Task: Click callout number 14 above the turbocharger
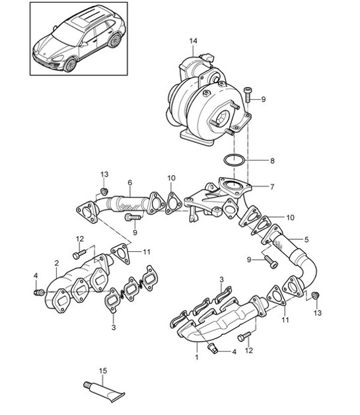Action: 194,42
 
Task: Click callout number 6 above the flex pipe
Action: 129,183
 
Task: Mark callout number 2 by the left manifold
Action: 57,263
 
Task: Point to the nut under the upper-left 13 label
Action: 104,192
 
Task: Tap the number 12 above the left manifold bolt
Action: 79,239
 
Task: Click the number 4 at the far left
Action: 36,276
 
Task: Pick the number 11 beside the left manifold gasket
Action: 147,252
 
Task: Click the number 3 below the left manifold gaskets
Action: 114,327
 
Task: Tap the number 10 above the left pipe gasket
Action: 171,178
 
